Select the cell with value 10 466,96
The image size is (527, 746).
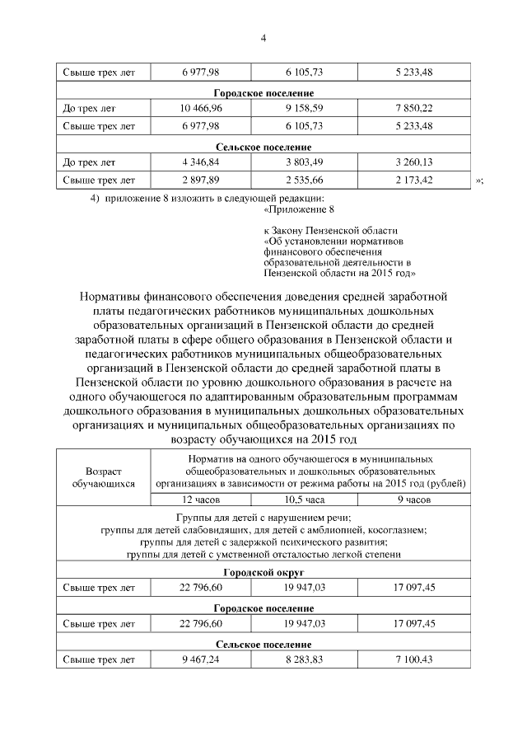(201, 108)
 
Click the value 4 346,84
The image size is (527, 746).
(201, 162)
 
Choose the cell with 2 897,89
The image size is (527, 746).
(201, 180)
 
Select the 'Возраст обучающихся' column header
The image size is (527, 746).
(104, 477)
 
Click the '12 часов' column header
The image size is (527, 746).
(201, 500)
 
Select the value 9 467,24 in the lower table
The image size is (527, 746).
(201, 659)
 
